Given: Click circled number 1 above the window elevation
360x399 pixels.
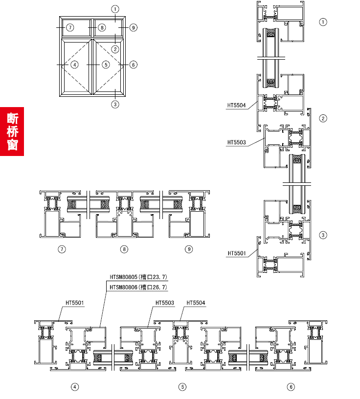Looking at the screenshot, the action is [x=115, y=9].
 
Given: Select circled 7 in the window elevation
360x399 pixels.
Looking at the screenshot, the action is [x=70, y=27].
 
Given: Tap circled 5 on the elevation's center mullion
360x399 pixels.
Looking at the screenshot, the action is [x=106, y=65].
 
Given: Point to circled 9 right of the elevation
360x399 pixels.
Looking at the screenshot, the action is [x=134, y=27].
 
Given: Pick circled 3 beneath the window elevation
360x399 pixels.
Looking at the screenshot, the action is [x=115, y=104].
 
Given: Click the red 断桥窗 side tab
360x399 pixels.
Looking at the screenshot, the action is [x=12, y=132].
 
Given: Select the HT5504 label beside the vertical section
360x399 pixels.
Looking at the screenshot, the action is [x=236, y=105].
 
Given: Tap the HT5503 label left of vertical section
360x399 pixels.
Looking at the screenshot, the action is [x=237, y=142].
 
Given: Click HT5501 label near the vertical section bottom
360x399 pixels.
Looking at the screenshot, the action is [x=237, y=253].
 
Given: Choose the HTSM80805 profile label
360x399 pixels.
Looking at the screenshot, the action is [x=123, y=277].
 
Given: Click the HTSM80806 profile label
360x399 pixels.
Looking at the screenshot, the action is [x=123, y=288].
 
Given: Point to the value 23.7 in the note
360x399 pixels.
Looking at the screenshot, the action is [x=159, y=277].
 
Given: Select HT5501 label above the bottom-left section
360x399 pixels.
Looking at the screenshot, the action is [x=75, y=303].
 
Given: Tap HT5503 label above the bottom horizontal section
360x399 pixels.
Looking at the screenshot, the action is [x=165, y=303].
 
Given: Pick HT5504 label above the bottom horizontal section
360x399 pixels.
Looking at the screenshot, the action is [x=196, y=303].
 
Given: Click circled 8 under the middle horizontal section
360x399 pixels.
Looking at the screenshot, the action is [x=124, y=249].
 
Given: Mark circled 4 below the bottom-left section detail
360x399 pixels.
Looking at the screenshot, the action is [x=75, y=387].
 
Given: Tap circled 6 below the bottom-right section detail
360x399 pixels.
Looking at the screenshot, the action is [x=291, y=387].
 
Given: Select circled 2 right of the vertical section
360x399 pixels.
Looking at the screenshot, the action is [x=323, y=118].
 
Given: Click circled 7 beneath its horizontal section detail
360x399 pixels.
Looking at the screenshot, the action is [x=62, y=249].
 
